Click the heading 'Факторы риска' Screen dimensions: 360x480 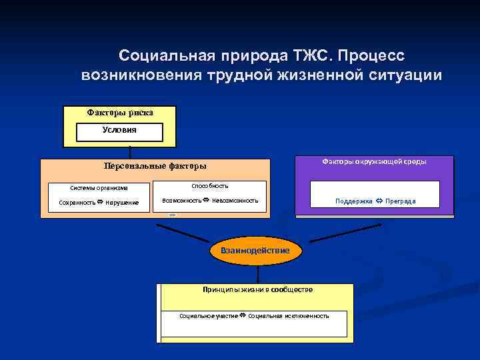click(120, 113)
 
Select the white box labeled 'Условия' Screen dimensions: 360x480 click(120, 131)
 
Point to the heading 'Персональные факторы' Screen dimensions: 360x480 click(155, 166)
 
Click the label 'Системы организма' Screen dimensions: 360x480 click(99, 188)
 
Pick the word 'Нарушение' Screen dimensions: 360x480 click(121, 203)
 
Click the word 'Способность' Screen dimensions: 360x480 click(209, 186)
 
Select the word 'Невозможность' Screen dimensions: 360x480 click(235, 200)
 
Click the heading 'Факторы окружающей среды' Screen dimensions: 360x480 click(374, 161)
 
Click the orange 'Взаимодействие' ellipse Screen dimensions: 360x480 click(256, 251)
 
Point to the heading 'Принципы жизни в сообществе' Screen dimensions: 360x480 click(257, 289)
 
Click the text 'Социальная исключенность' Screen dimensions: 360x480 click(288, 315)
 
